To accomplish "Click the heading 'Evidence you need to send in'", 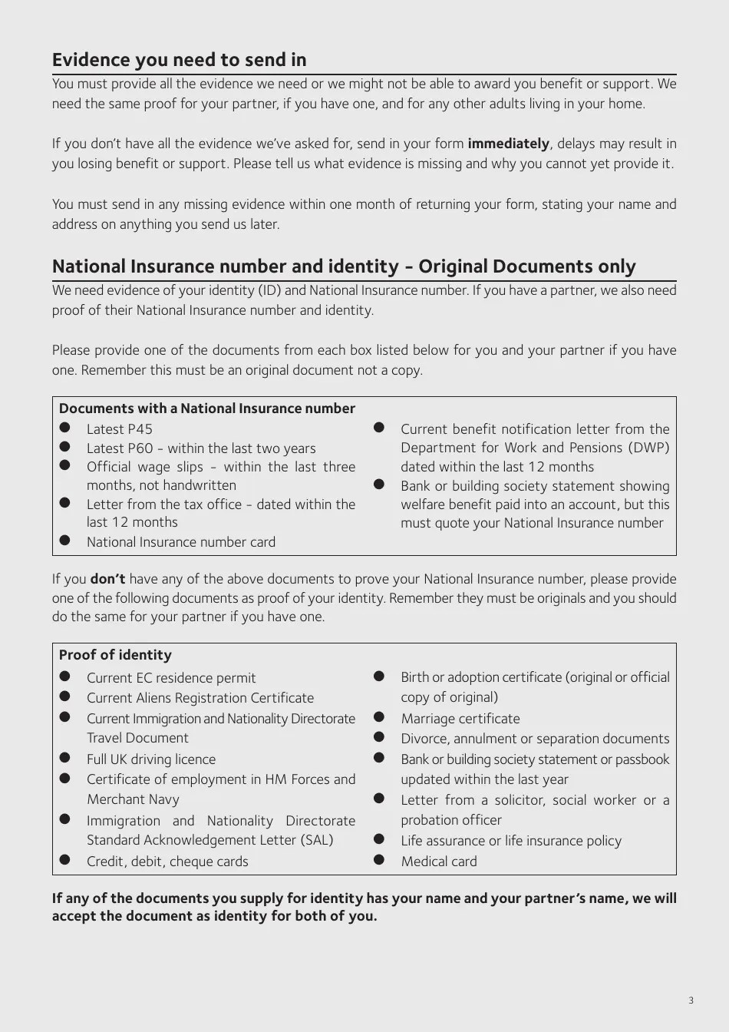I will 179,60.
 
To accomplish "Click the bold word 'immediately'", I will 508,144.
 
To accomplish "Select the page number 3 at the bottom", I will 691,1000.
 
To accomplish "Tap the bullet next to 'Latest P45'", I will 65,428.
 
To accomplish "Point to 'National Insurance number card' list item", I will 180,542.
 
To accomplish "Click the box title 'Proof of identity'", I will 115,655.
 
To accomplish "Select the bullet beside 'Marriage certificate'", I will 379,717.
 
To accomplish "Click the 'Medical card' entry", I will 438,862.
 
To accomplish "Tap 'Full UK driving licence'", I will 150,759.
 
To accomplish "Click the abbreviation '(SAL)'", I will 317,840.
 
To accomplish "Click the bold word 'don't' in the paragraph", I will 107,579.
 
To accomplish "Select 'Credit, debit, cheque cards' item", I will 167,862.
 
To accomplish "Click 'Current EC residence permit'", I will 170,678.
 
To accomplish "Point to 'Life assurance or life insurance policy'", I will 510,841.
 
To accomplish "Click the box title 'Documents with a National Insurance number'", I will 206,408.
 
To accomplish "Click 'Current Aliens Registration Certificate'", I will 200,698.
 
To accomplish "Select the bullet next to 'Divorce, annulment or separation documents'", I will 379,737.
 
